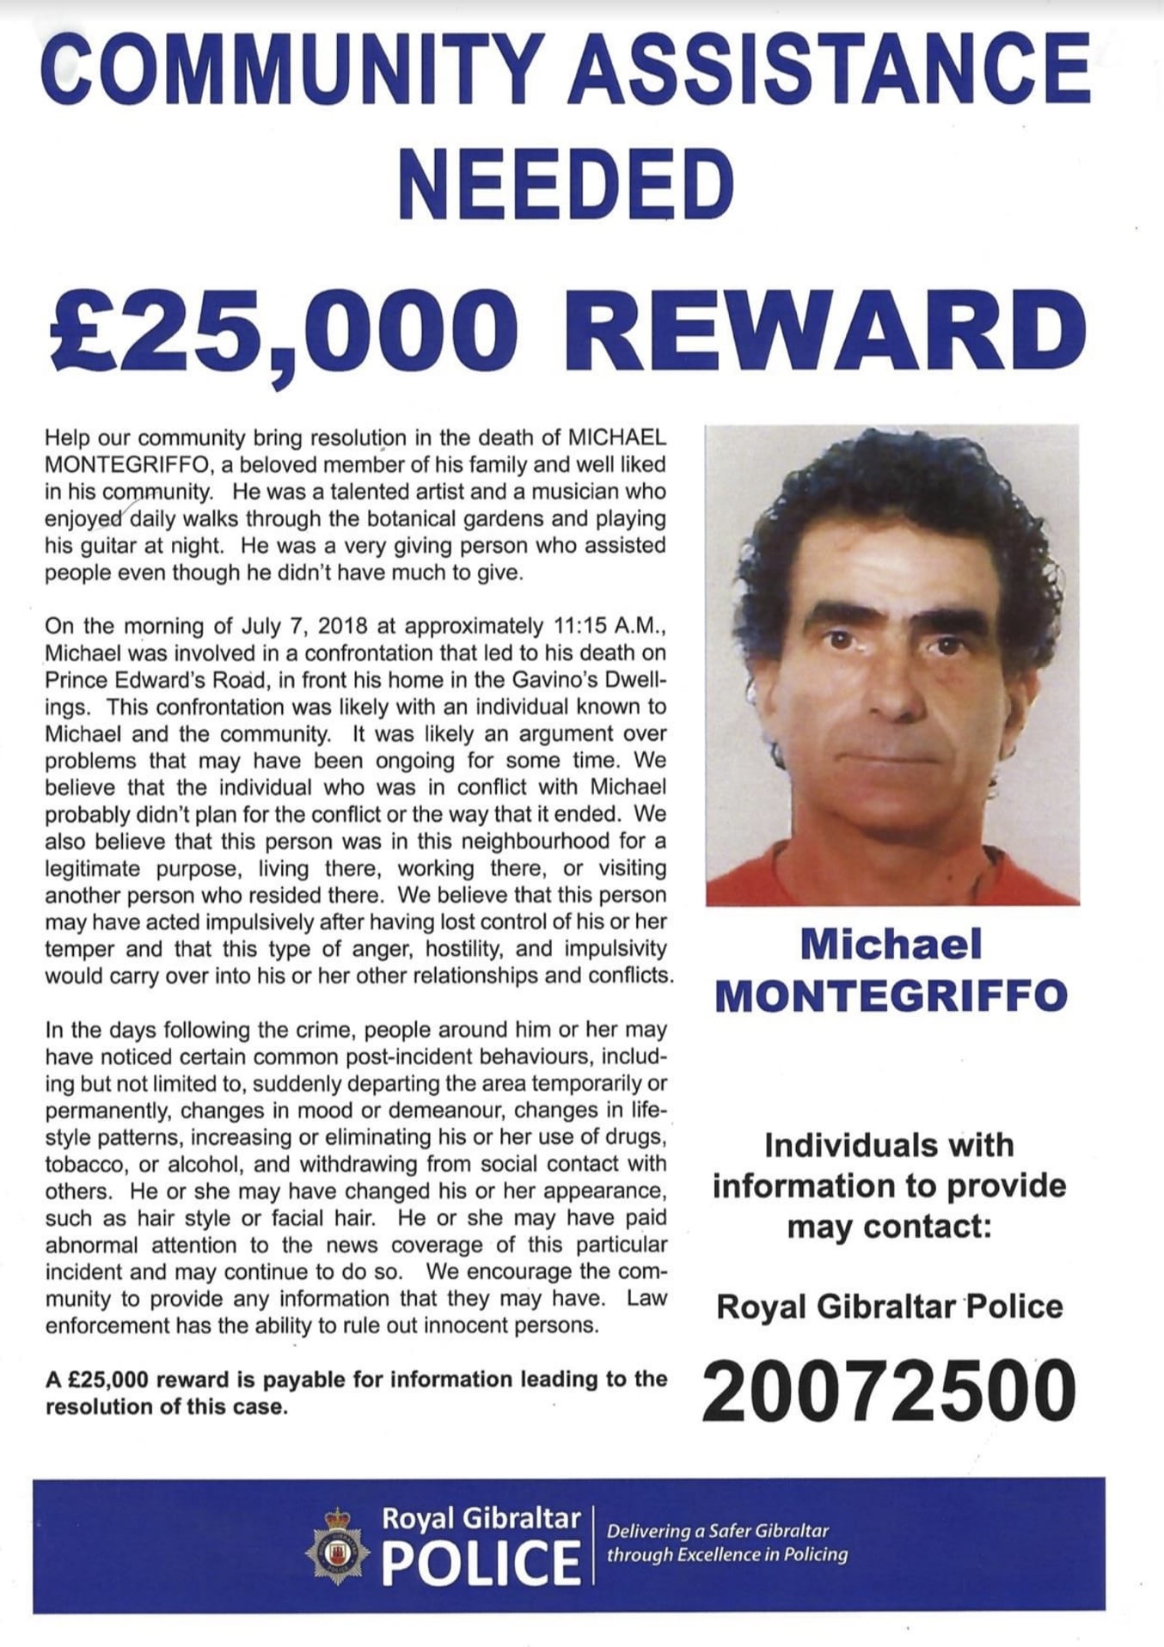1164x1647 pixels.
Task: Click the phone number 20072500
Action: (x=889, y=1390)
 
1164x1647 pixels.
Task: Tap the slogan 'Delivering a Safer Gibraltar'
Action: (x=718, y=1530)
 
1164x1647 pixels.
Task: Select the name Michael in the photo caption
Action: (x=891, y=946)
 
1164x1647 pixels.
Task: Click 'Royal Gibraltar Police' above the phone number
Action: (x=889, y=1307)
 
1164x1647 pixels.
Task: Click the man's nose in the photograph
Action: (x=895, y=688)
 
